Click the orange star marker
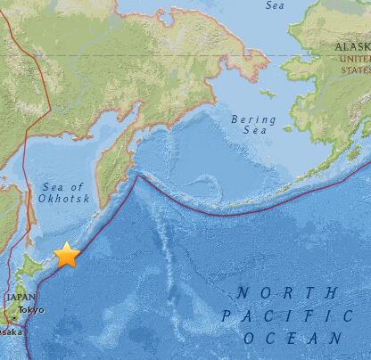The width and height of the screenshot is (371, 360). click(x=66, y=256)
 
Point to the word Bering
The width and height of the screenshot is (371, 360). click(x=248, y=119)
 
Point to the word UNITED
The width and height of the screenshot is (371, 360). click(x=354, y=57)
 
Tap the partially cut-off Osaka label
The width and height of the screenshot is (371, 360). click(x=7, y=331)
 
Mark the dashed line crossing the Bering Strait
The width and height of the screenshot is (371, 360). click(x=284, y=56)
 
